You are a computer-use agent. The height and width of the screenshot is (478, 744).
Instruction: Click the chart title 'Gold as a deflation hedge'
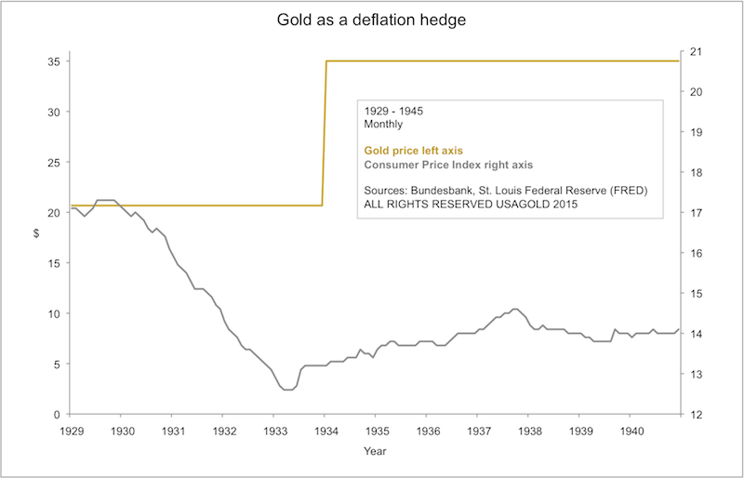click(372, 19)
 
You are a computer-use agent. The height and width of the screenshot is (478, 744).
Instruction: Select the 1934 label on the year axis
click(325, 432)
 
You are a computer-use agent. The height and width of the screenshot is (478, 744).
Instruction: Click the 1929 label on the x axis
click(72, 432)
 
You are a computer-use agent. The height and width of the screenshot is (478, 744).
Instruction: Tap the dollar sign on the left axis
click(35, 233)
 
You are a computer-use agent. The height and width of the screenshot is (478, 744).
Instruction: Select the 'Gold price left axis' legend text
click(414, 150)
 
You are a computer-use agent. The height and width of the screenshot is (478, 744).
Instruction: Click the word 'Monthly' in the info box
click(383, 124)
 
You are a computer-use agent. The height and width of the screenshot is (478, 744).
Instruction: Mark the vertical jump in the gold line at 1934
click(325, 130)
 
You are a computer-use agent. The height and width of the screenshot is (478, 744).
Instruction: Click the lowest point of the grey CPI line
click(287, 390)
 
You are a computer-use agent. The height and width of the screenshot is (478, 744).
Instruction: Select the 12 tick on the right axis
click(695, 414)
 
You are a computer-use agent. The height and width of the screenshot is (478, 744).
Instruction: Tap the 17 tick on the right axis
click(695, 213)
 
